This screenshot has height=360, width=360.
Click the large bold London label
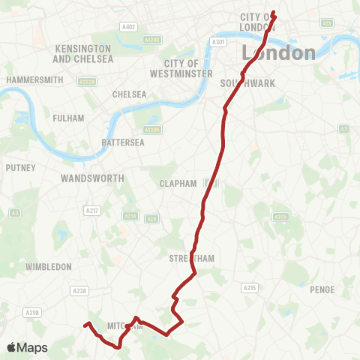point(278,52)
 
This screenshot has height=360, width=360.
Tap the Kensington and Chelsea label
point(83,53)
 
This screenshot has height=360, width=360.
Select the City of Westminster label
point(181,68)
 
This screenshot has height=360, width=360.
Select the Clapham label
point(178,184)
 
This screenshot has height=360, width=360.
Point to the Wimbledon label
point(48,266)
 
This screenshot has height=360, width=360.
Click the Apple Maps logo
point(27,347)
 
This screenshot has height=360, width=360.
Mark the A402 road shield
point(127,27)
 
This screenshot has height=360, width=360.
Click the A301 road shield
point(218,42)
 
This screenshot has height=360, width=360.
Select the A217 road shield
point(93,211)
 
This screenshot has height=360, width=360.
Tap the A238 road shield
point(79,290)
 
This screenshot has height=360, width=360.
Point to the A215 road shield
point(250,287)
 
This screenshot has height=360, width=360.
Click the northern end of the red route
point(273,13)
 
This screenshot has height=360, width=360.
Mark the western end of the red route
point(84,325)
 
